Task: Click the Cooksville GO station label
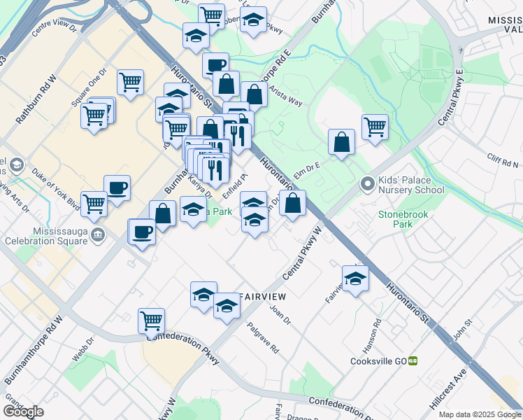(378, 361)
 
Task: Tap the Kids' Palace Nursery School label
(411, 185)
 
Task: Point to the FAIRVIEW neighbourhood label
(264, 297)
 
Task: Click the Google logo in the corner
(23, 412)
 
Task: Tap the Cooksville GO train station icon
(413, 361)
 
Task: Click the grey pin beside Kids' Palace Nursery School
(367, 185)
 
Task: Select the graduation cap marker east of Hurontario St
(355, 278)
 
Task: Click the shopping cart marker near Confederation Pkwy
(151, 320)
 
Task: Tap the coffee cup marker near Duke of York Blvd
(117, 188)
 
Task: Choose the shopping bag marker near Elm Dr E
(341, 142)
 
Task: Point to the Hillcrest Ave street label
(448, 395)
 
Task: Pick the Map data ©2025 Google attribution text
(480, 414)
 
